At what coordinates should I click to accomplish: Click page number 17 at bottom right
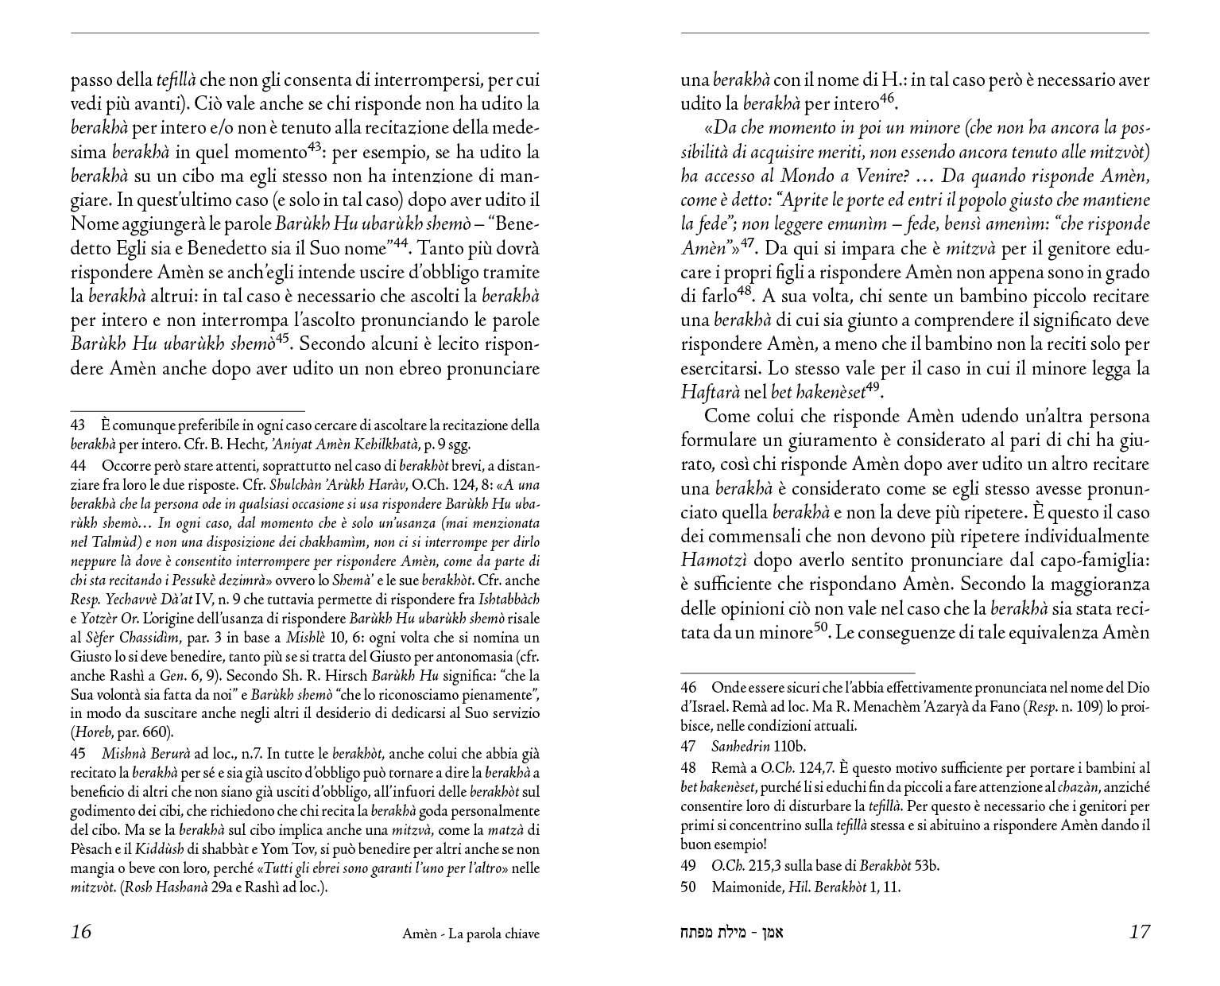click(x=1139, y=932)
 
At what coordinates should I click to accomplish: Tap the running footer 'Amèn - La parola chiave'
click(x=471, y=934)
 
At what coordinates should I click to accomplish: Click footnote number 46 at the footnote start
click(x=688, y=687)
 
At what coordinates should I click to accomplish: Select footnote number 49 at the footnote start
click(x=688, y=866)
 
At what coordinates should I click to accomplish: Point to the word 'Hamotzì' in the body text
click(x=712, y=560)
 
